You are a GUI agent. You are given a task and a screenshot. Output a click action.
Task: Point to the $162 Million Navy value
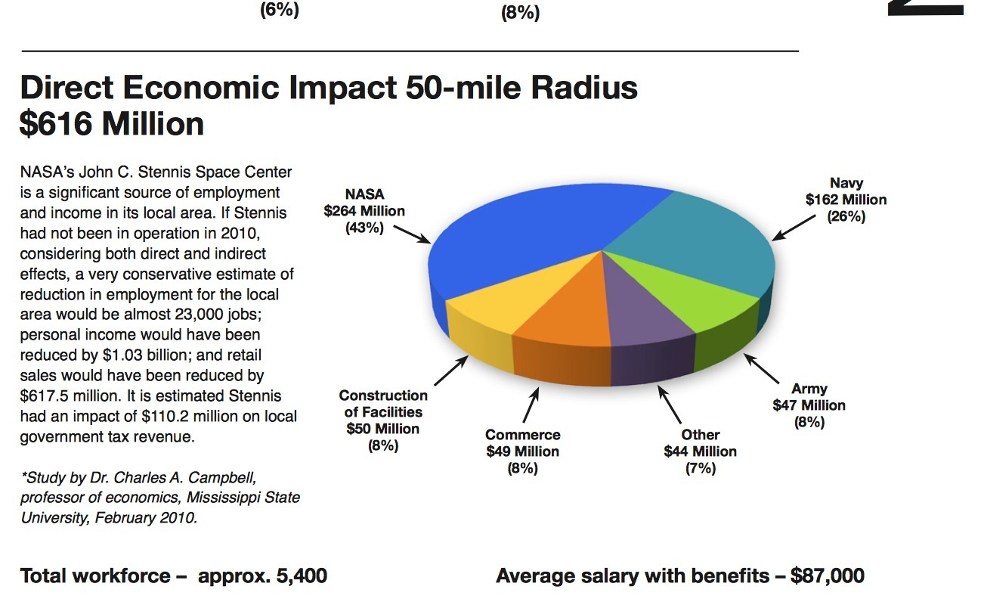point(846,200)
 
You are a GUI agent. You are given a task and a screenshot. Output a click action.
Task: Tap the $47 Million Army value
point(809,405)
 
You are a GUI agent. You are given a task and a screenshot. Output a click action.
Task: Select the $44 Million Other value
point(700,451)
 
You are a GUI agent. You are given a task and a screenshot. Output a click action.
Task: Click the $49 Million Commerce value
point(522,451)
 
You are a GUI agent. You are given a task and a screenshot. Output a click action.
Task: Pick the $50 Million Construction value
point(383,429)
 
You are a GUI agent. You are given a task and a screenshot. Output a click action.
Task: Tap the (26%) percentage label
point(846,216)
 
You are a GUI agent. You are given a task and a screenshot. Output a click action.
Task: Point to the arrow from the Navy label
point(795,226)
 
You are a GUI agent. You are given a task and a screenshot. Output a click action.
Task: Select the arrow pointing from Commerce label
point(530,406)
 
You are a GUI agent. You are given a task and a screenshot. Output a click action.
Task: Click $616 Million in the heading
point(112,124)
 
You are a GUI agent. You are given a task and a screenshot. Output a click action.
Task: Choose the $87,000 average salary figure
point(827,576)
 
